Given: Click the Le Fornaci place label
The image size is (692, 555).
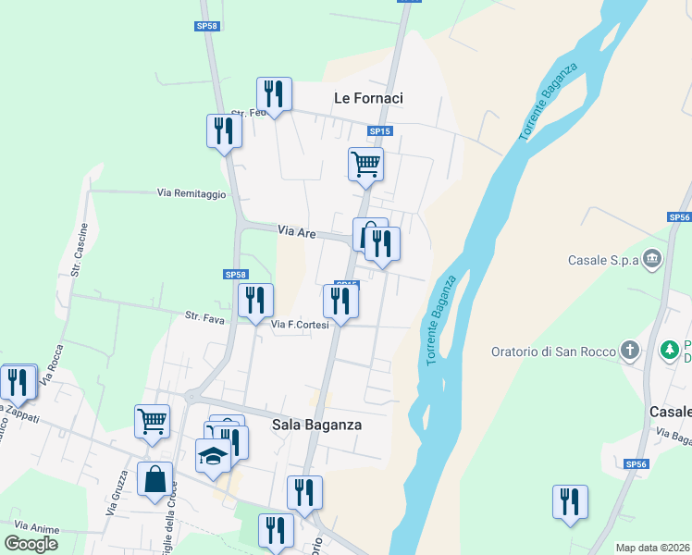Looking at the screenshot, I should pyautogui.click(x=368, y=97).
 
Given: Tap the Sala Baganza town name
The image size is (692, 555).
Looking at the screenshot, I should pyautogui.click(x=316, y=425).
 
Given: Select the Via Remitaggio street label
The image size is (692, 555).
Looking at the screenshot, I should pyautogui.click(x=192, y=193).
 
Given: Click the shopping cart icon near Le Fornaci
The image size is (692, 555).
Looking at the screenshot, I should pyautogui.click(x=366, y=164).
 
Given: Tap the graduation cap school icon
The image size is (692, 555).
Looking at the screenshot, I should pyautogui.click(x=213, y=455).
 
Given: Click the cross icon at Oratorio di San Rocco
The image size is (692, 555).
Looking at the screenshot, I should pyautogui.click(x=629, y=350).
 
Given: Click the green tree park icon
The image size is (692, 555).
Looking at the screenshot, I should pyautogui.click(x=669, y=351).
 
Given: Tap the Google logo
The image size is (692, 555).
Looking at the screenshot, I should pyautogui.click(x=31, y=544).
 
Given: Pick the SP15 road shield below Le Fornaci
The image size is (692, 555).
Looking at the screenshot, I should pyautogui.click(x=380, y=131).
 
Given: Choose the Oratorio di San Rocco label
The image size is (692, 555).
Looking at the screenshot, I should pyautogui.click(x=553, y=351).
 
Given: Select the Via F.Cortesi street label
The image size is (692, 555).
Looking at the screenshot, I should pyautogui.click(x=300, y=325).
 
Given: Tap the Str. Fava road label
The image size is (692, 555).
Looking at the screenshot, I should pyautogui.click(x=205, y=316).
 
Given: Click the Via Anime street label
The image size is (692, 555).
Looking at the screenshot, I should pyautogui.click(x=36, y=529).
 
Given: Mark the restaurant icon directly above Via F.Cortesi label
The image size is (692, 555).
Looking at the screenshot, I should pyautogui.click(x=340, y=301).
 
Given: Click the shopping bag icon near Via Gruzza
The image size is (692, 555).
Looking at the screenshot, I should pyautogui.click(x=154, y=480).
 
